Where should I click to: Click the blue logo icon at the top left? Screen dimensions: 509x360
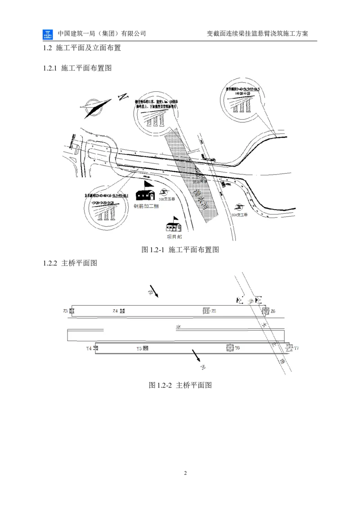(x=47, y=36)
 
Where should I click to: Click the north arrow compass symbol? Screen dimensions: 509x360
(x=97, y=106)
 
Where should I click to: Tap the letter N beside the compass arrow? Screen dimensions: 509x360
(x=123, y=97)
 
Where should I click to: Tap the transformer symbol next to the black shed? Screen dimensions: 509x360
(x=164, y=192)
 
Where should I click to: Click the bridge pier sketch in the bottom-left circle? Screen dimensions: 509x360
(x=106, y=215)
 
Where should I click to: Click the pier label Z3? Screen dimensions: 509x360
(x=66, y=311)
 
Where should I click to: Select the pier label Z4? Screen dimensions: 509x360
(x=115, y=311)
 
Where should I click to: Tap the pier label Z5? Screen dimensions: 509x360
(x=214, y=311)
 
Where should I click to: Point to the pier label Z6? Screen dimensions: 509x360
(x=273, y=311)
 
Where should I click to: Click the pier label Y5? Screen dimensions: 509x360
(x=139, y=348)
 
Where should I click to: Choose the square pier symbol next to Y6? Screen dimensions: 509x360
(x=229, y=348)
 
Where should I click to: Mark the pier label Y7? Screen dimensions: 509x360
(x=296, y=348)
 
